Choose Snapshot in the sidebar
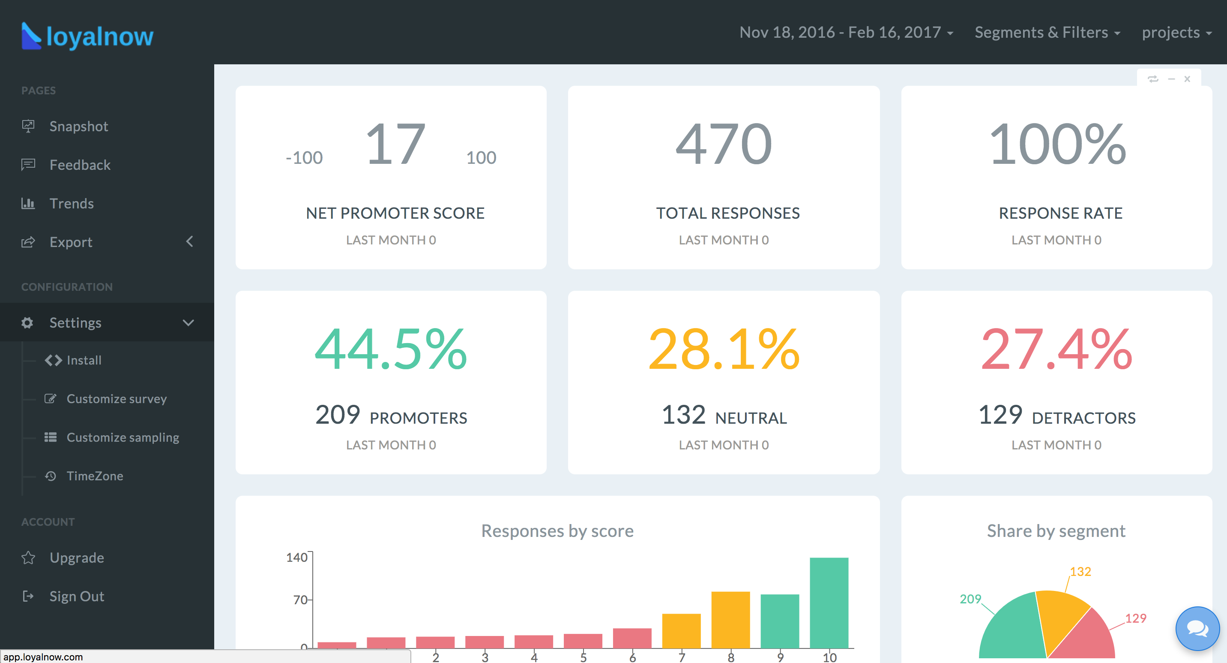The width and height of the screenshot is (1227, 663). [78, 127]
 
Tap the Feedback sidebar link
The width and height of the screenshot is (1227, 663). [80, 165]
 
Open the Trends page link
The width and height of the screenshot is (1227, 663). [72, 204]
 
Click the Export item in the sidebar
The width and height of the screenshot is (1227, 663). [71, 242]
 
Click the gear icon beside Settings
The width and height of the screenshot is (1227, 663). [27, 322]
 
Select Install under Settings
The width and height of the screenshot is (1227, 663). [84, 360]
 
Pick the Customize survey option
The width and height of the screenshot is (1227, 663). [116, 399]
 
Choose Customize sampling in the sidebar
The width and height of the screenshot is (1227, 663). [123, 437]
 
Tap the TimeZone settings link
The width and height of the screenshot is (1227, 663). [95, 476]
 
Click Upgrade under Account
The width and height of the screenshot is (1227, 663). [77, 558]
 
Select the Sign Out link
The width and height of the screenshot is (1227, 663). [77, 596]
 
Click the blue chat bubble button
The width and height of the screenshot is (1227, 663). [1197, 629]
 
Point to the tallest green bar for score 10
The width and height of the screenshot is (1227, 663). [829, 603]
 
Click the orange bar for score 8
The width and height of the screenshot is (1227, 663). [730, 620]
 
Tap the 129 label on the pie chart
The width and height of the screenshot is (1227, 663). [1136, 618]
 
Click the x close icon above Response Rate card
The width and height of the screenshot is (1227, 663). [1187, 78]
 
